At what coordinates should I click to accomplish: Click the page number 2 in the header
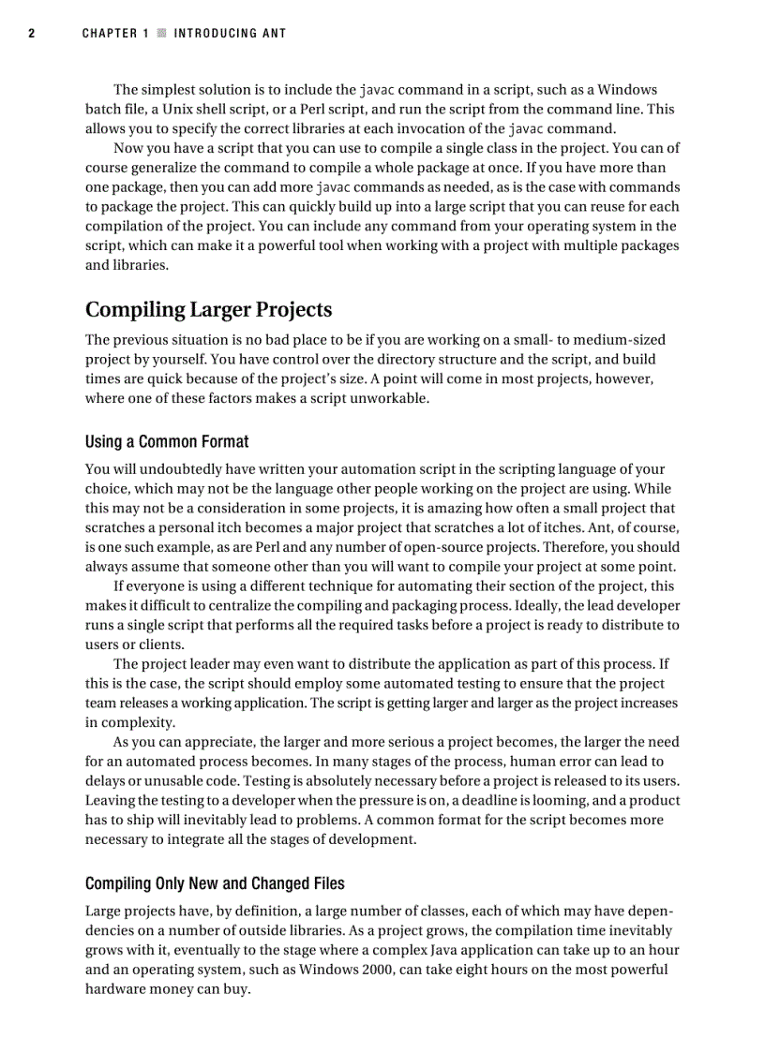click(31, 34)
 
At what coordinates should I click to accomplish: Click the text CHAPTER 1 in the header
click(115, 34)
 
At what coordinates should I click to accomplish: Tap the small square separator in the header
click(161, 34)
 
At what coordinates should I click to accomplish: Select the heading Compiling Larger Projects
click(208, 309)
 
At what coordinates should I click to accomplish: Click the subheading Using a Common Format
click(167, 441)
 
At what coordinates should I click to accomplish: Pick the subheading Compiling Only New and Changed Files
click(215, 883)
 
